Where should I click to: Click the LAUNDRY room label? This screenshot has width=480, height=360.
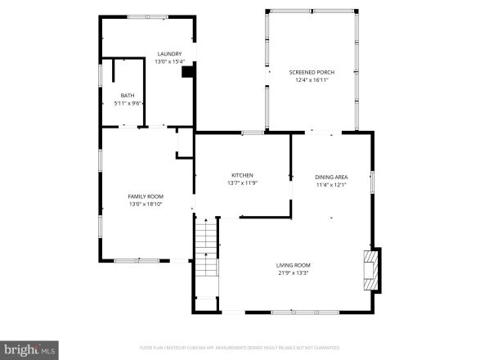pos(170,54)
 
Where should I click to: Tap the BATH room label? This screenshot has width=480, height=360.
pos(128,96)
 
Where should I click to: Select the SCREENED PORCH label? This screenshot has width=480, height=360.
pos(312,72)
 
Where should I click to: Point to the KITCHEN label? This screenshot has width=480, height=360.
pos(242,175)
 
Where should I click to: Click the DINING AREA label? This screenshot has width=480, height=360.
pos(331,177)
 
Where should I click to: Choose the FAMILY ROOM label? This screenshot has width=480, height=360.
pos(146,196)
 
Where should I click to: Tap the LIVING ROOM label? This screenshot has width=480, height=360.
pos(293,265)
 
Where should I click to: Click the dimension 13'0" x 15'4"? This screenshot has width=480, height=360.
pos(170,61)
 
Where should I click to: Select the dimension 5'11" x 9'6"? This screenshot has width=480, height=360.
pos(128,103)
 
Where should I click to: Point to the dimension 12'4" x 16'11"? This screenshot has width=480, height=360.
pos(312,79)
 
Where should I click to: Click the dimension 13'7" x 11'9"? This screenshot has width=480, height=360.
pos(242,182)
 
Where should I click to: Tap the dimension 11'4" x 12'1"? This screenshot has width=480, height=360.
pos(331,184)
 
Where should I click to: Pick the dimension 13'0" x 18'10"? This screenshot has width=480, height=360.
pos(146,204)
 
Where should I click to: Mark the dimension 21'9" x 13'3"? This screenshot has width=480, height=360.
pos(293,272)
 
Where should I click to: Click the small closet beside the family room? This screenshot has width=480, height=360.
pos(185,142)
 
